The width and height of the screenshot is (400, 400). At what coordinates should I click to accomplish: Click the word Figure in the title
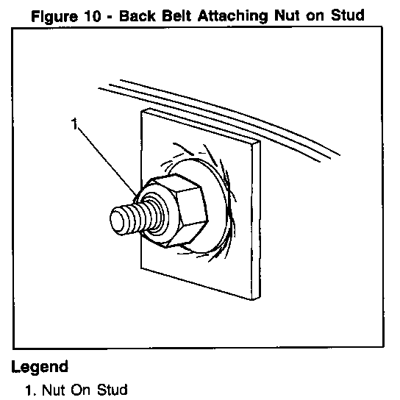(54, 17)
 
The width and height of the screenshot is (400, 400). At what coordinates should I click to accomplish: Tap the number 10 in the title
(93, 16)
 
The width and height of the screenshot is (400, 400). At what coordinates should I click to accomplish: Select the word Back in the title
(137, 16)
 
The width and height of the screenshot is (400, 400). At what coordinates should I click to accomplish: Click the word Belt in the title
(176, 16)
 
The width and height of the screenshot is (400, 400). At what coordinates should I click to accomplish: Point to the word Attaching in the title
(232, 17)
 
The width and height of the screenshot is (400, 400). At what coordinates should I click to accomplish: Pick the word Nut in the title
(287, 16)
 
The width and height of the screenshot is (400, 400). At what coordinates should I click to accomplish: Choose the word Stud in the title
(348, 15)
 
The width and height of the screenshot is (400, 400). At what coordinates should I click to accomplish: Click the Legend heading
(40, 368)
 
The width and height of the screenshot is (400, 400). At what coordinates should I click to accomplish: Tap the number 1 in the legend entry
(29, 390)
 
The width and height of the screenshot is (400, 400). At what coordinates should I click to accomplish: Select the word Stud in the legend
(113, 390)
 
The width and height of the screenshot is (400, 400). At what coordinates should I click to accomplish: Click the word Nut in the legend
(54, 390)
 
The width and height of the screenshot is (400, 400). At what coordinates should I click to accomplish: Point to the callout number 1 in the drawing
(74, 124)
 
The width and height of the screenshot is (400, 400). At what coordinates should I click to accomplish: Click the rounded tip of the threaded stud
(118, 219)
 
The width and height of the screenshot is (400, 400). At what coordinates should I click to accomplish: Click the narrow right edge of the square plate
(256, 219)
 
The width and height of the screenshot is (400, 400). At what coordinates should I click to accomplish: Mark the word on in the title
(315, 17)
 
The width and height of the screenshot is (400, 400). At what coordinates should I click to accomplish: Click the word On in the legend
(81, 390)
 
